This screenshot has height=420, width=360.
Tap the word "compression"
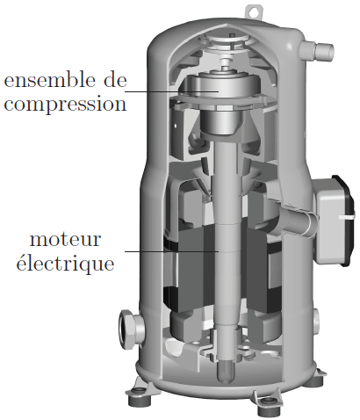click(65, 105)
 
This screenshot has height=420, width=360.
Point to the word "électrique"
click(65, 263)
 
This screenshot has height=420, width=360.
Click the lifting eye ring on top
click(252, 11)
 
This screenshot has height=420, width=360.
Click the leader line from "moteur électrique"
click(172, 251)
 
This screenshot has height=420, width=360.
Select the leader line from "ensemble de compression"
click(172, 91)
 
